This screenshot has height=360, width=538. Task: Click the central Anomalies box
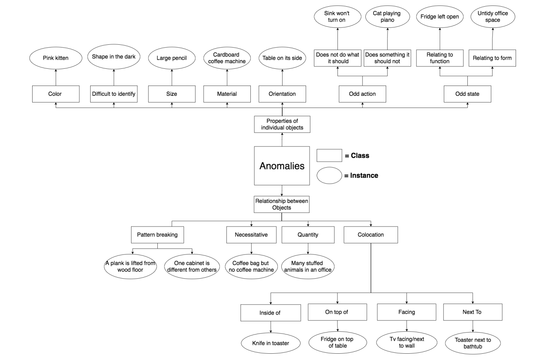pos(282,166)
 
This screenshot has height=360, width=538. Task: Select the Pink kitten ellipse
pos(56,58)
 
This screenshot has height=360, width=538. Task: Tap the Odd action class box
pos(362,94)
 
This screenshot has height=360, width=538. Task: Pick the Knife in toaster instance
pos(271,343)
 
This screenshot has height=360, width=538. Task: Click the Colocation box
pos(370,235)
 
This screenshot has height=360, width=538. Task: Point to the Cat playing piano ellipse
pos(387,16)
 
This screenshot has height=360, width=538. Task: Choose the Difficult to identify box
pos(114,94)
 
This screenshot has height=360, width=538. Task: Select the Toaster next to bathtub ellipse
pos(473,343)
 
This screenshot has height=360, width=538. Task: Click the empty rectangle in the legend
pos(329,155)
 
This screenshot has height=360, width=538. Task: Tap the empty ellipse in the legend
pos(329,175)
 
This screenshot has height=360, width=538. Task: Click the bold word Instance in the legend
pos(364,175)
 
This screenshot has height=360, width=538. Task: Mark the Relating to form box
pos(492,58)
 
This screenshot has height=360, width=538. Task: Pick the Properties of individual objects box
pos(282,124)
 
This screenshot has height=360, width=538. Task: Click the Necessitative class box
pos(251,235)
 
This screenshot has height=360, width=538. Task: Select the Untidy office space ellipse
pos(493,16)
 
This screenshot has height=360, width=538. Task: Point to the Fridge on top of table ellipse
pos(337,342)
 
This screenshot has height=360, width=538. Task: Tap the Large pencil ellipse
pos(172,58)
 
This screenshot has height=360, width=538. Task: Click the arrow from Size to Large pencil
pos(172,77)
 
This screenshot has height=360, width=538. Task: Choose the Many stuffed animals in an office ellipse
pos(308,267)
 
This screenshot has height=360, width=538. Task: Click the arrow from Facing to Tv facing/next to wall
pos(407,326)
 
